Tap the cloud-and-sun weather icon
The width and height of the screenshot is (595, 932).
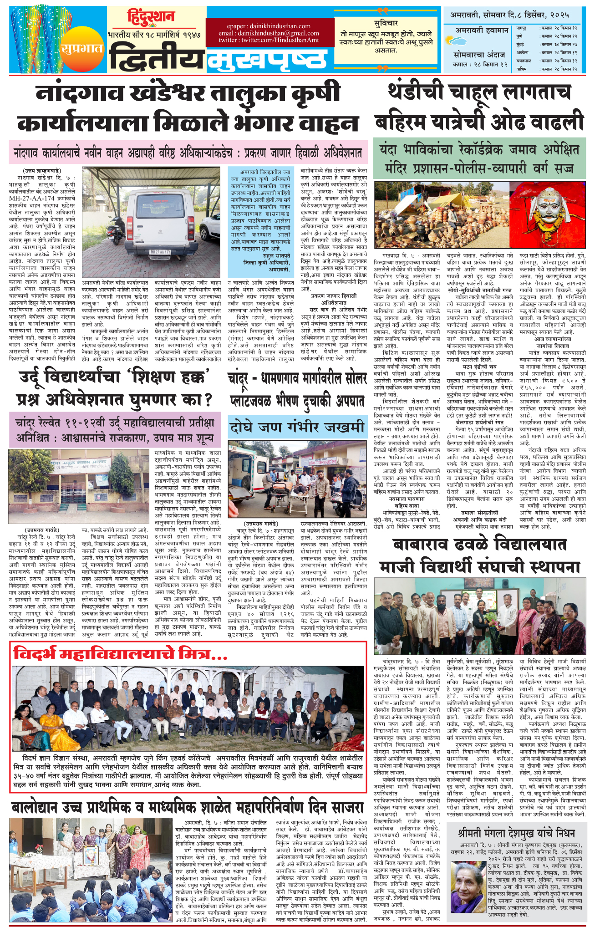tap(459, 42)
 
